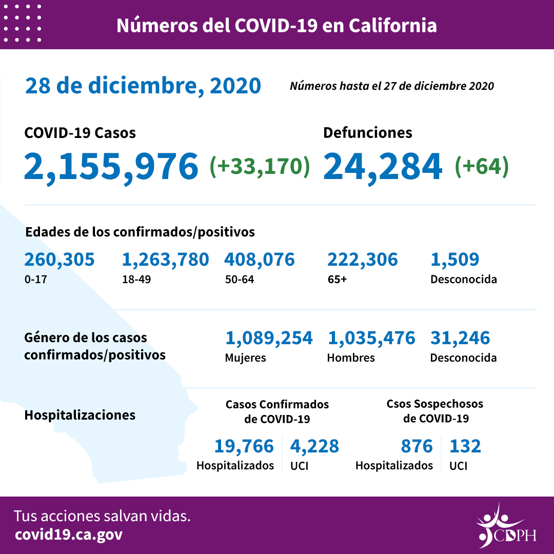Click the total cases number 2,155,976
point(111,167)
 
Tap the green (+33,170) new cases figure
point(260,166)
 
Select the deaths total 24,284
point(383,167)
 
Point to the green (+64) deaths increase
point(482,166)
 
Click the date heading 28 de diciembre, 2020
point(143,86)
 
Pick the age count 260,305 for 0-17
point(60,260)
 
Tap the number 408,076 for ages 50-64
point(260,260)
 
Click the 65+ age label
point(337,280)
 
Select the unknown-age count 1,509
point(455,260)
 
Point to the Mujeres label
point(245,358)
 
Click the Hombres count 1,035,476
point(371,338)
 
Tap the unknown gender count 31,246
point(460,338)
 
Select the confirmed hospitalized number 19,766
point(244,446)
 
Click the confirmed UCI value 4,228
point(314,446)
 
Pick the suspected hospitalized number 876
point(417,446)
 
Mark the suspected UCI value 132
point(465,446)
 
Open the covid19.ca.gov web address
point(69,535)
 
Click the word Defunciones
point(367,132)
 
